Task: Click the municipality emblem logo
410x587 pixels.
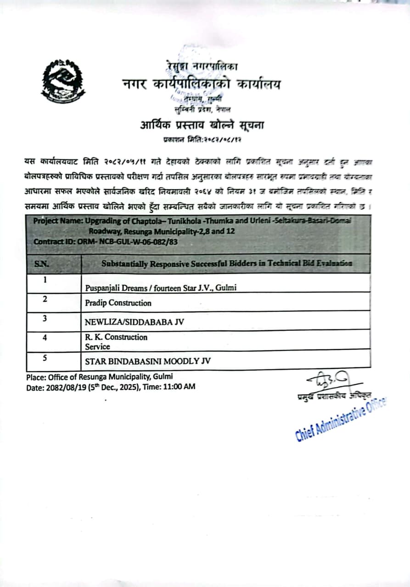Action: click(63, 81)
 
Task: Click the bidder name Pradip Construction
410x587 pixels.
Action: click(118, 303)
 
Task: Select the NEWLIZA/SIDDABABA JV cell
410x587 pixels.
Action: click(135, 322)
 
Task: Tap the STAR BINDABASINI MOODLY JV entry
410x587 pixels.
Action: click(148, 361)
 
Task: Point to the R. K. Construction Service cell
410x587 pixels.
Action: click(116, 342)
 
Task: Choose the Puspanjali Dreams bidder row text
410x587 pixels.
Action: click(162, 288)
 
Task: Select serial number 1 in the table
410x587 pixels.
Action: click(45, 280)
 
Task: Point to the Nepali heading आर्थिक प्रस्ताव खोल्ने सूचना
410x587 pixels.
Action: click(202, 125)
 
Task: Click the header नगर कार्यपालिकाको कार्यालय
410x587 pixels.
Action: click(201, 84)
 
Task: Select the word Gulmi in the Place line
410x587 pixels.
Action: click(163, 377)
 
